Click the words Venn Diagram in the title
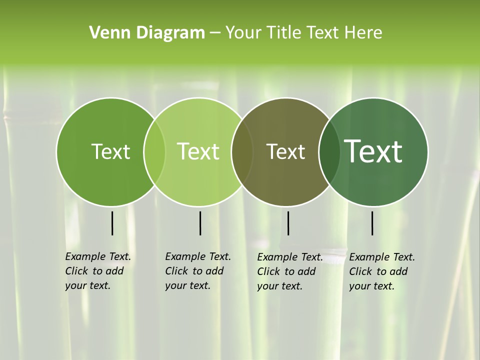coord(147,33)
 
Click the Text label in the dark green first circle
coord(110,151)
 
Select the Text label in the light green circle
coord(198,151)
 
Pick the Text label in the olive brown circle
coord(285,151)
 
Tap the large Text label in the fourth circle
coord(373,151)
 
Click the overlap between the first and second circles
coord(154,152)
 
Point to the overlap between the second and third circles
coord(242,152)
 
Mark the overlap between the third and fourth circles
coord(329,152)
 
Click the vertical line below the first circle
coord(112,223)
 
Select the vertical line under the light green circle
coord(200,223)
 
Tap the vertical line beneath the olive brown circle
coord(288,223)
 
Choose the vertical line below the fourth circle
coord(372,223)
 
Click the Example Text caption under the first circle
coord(97,271)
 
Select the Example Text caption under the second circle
coord(197,271)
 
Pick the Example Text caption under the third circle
coord(289,271)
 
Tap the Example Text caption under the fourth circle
coord(381,271)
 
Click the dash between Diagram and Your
coord(215,33)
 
